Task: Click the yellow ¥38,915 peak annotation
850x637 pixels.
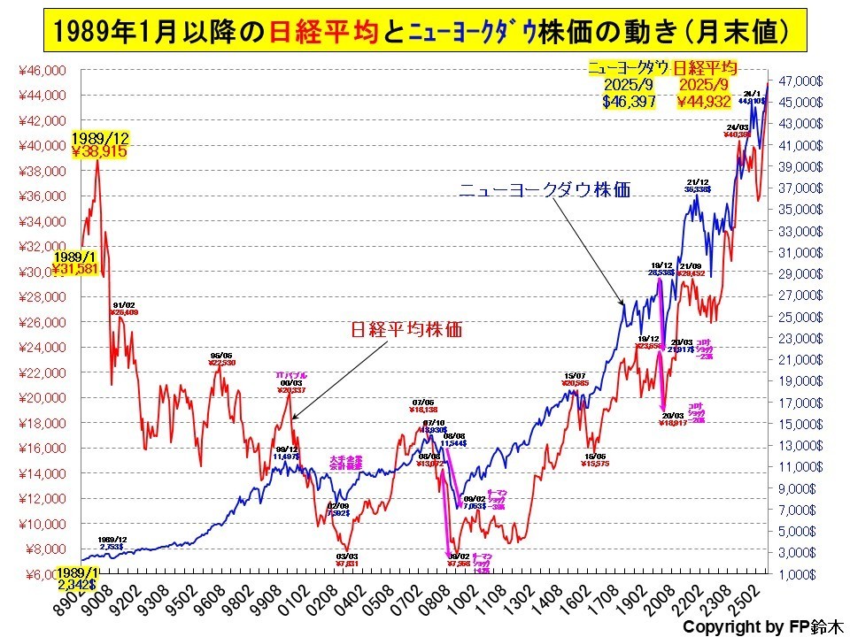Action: click(99, 151)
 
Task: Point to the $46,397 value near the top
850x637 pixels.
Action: click(628, 102)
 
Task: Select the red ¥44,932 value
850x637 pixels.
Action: click(705, 102)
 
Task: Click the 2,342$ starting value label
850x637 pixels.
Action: click(79, 585)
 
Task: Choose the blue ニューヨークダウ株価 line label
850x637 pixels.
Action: click(544, 190)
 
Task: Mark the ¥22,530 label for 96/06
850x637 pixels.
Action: click(221, 362)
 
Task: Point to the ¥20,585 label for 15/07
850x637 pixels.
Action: click(576, 383)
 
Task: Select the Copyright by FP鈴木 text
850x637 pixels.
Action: click(764, 625)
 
